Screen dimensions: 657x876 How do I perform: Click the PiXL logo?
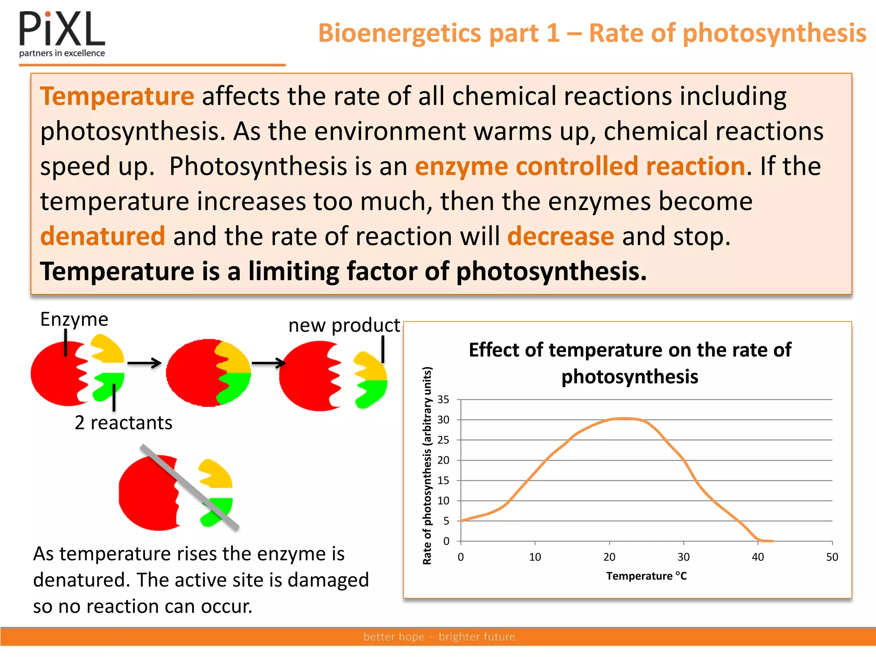point(62,34)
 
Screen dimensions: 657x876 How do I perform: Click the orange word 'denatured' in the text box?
point(103,236)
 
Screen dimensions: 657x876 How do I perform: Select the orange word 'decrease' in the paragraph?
point(561,236)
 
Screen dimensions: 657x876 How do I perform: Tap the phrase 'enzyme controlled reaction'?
point(580,166)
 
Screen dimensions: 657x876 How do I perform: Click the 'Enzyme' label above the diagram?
point(74,319)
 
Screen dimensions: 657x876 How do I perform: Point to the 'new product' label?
point(344,326)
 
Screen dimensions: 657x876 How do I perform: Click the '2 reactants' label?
point(123,423)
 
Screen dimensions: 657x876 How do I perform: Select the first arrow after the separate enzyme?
point(144,363)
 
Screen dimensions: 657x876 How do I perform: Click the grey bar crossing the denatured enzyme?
point(189,487)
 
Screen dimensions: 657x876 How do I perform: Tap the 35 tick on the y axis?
point(443,400)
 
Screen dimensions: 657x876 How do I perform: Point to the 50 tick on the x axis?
point(832,557)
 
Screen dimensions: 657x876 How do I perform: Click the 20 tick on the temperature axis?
point(609,557)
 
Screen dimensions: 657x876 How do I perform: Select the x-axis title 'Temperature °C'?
point(646,576)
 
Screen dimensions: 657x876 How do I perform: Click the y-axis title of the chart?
point(427,465)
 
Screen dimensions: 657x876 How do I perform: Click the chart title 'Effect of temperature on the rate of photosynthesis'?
point(630,363)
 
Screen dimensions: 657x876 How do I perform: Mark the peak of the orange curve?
point(624,418)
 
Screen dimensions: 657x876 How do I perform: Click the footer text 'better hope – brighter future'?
point(439,636)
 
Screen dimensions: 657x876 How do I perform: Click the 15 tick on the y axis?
point(443,480)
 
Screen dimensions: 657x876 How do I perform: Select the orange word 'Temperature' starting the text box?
point(117,96)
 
